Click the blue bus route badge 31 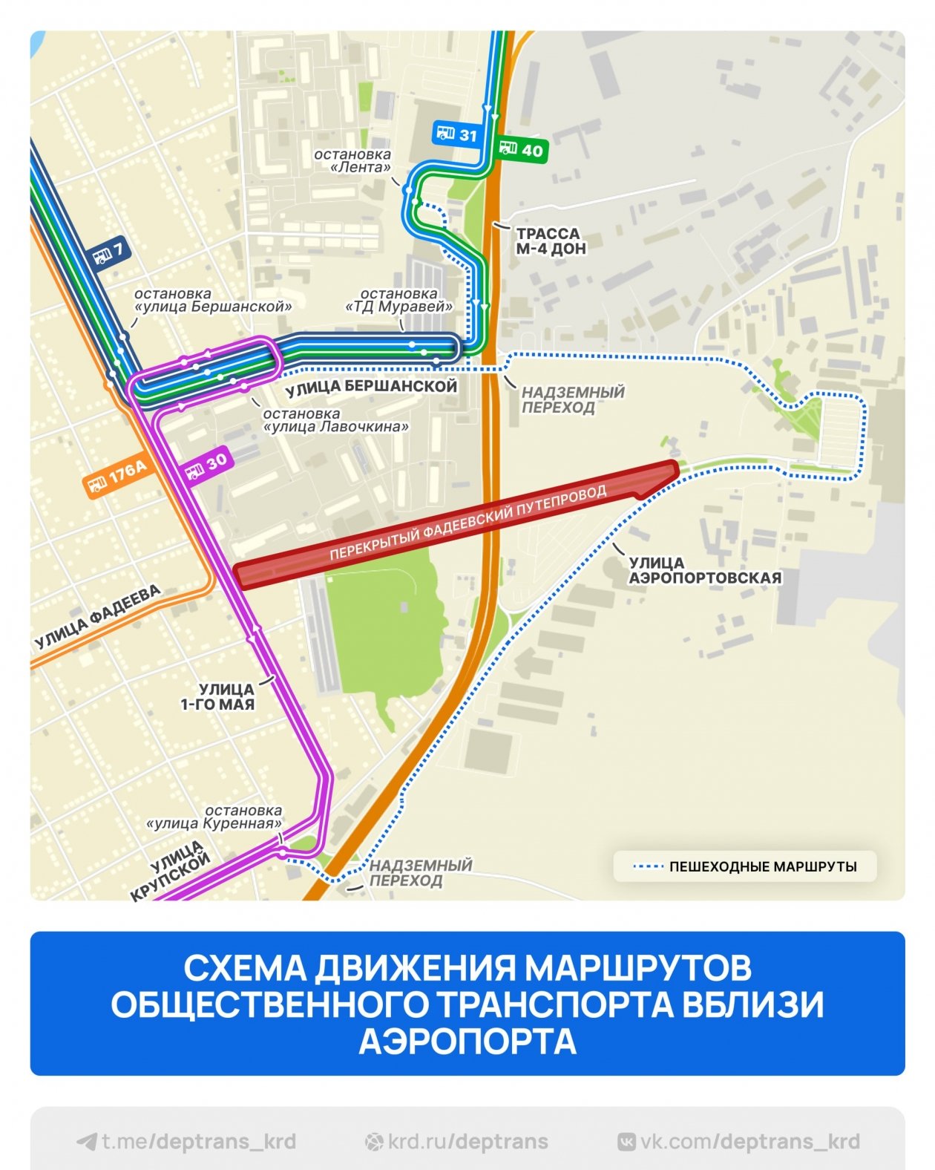[x=456, y=134]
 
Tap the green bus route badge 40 [x=521, y=150]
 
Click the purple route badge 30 [x=206, y=465]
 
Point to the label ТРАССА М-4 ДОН [x=551, y=241]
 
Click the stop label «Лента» [x=353, y=161]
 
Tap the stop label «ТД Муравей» [x=399, y=301]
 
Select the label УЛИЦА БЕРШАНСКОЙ [x=371, y=387]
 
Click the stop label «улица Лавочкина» [x=335, y=421]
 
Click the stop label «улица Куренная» [x=215, y=817]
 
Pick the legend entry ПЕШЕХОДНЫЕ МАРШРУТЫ [x=746, y=866]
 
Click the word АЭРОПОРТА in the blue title [x=467, y=1041]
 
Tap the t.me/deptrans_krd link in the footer [x=187, y=1142]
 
